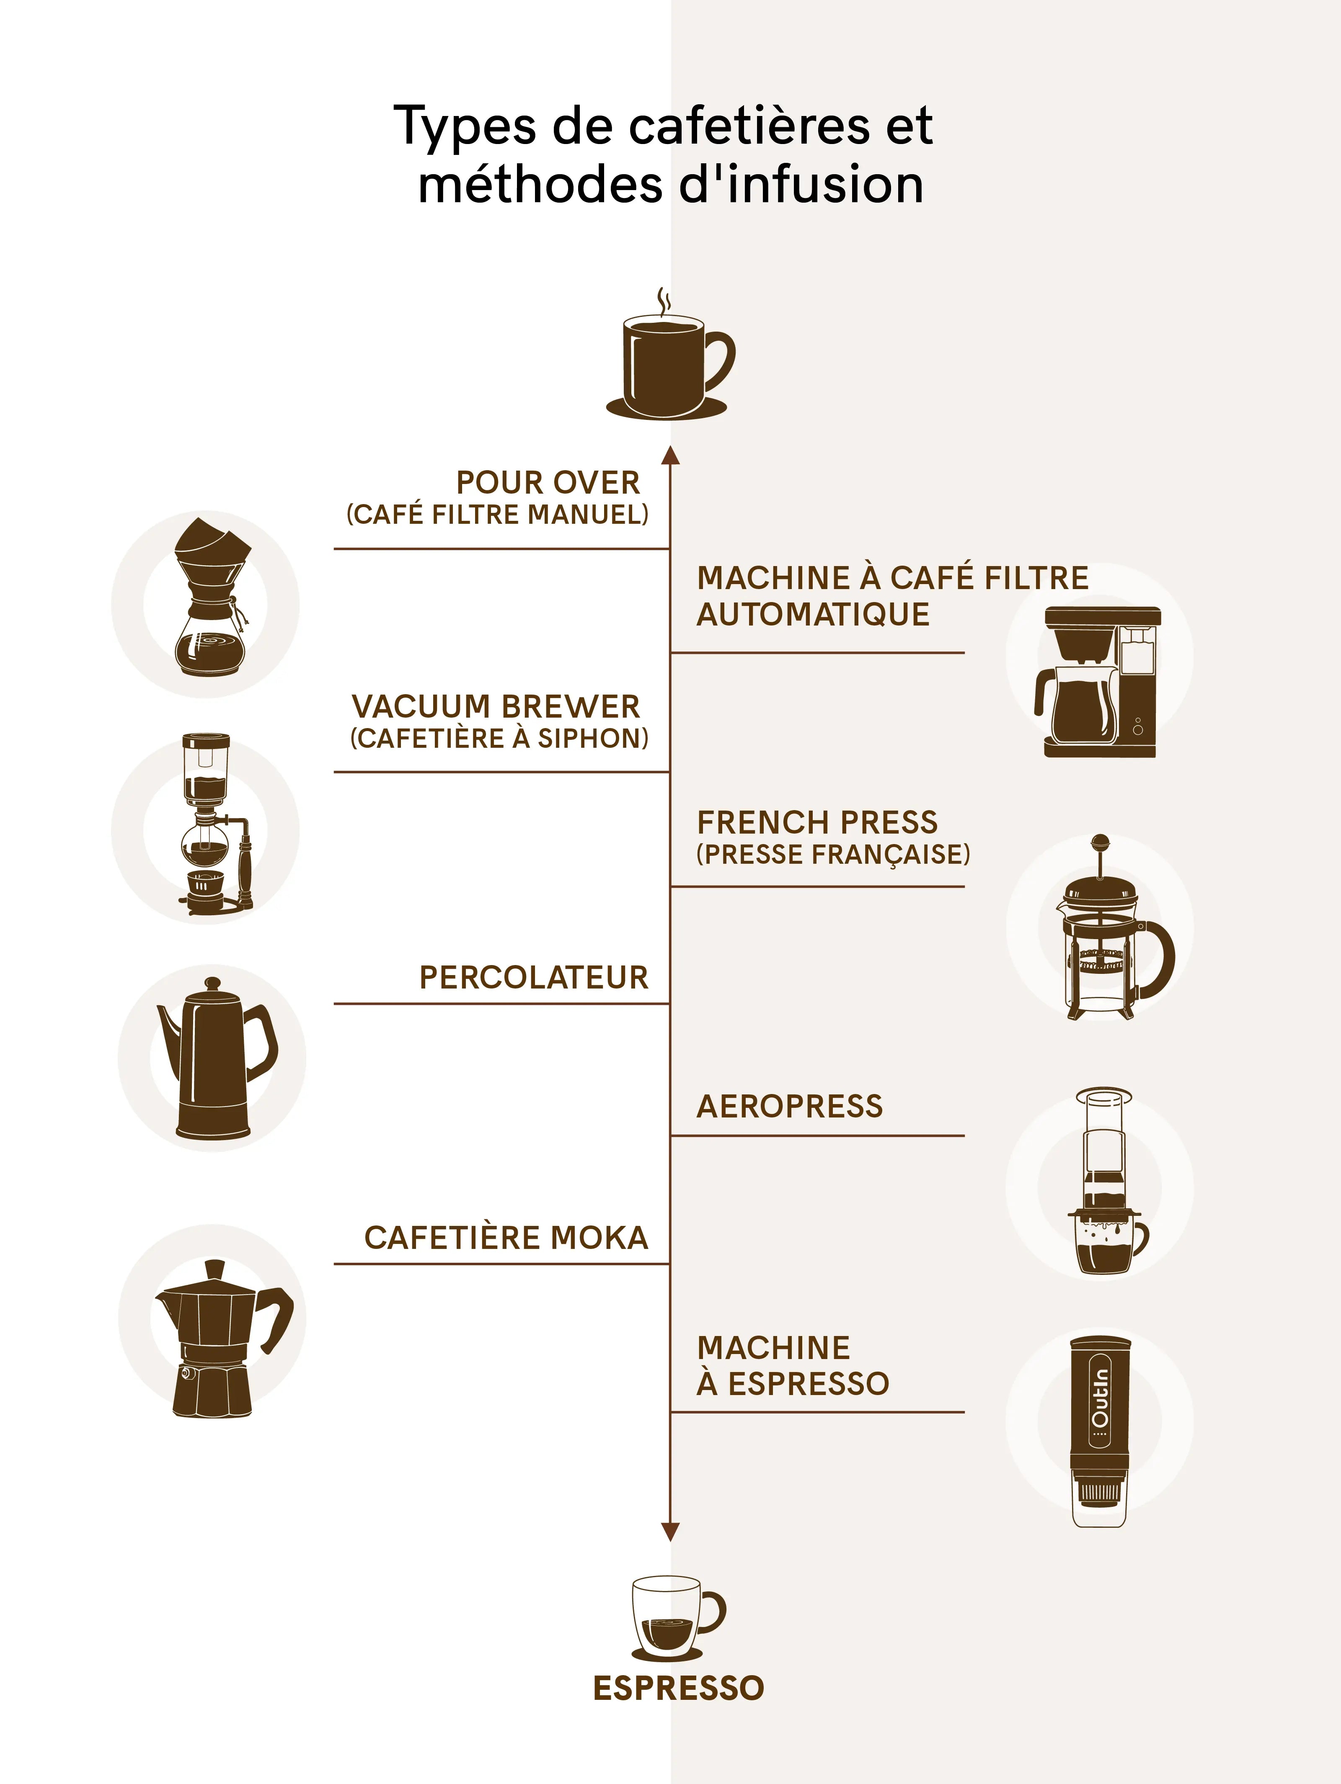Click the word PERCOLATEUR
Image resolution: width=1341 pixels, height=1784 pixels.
pos(533,978)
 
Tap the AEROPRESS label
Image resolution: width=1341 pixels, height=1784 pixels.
pos(790,1107)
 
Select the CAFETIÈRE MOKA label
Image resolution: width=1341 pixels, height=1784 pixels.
pos(506,1238)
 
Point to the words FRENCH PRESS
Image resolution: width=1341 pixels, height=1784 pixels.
pos(817,823)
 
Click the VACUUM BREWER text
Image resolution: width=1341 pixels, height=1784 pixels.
pos(496,706)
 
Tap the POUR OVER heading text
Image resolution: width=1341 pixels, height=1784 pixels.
pos(548,482)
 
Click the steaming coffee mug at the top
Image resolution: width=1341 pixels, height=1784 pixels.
pos(670,355)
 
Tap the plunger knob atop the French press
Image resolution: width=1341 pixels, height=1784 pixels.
pos(1100,843)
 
